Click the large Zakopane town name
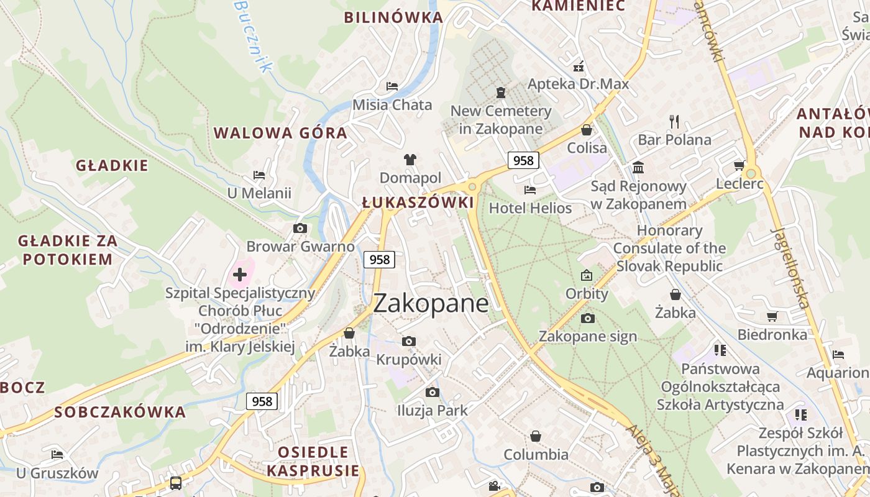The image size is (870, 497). (431, 303)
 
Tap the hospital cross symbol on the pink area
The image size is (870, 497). (240, 274)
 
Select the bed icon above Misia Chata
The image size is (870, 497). (392, 86)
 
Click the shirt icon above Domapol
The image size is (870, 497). (410, 159)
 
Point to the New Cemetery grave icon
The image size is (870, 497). (501, 93)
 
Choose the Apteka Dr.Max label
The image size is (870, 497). (578, 84)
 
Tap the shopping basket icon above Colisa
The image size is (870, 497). (586, 130)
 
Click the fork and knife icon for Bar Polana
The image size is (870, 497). (674, 121)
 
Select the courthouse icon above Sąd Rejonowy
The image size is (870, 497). (638, 167)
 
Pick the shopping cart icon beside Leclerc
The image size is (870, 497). (739, 165)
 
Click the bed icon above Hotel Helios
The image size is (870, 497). (530, 189)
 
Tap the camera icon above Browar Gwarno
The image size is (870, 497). (300, 228)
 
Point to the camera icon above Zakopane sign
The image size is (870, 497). (587, 318)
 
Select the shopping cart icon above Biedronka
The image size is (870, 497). (772, 317)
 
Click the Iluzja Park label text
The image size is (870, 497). (433, 411)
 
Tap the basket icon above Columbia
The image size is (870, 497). (536, 436)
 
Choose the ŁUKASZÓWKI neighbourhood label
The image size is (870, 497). (418, 203)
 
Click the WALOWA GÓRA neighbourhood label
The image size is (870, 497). (280, 132)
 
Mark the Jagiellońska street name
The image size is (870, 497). (790, 267)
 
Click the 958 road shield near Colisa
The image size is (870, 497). (523, 160)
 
